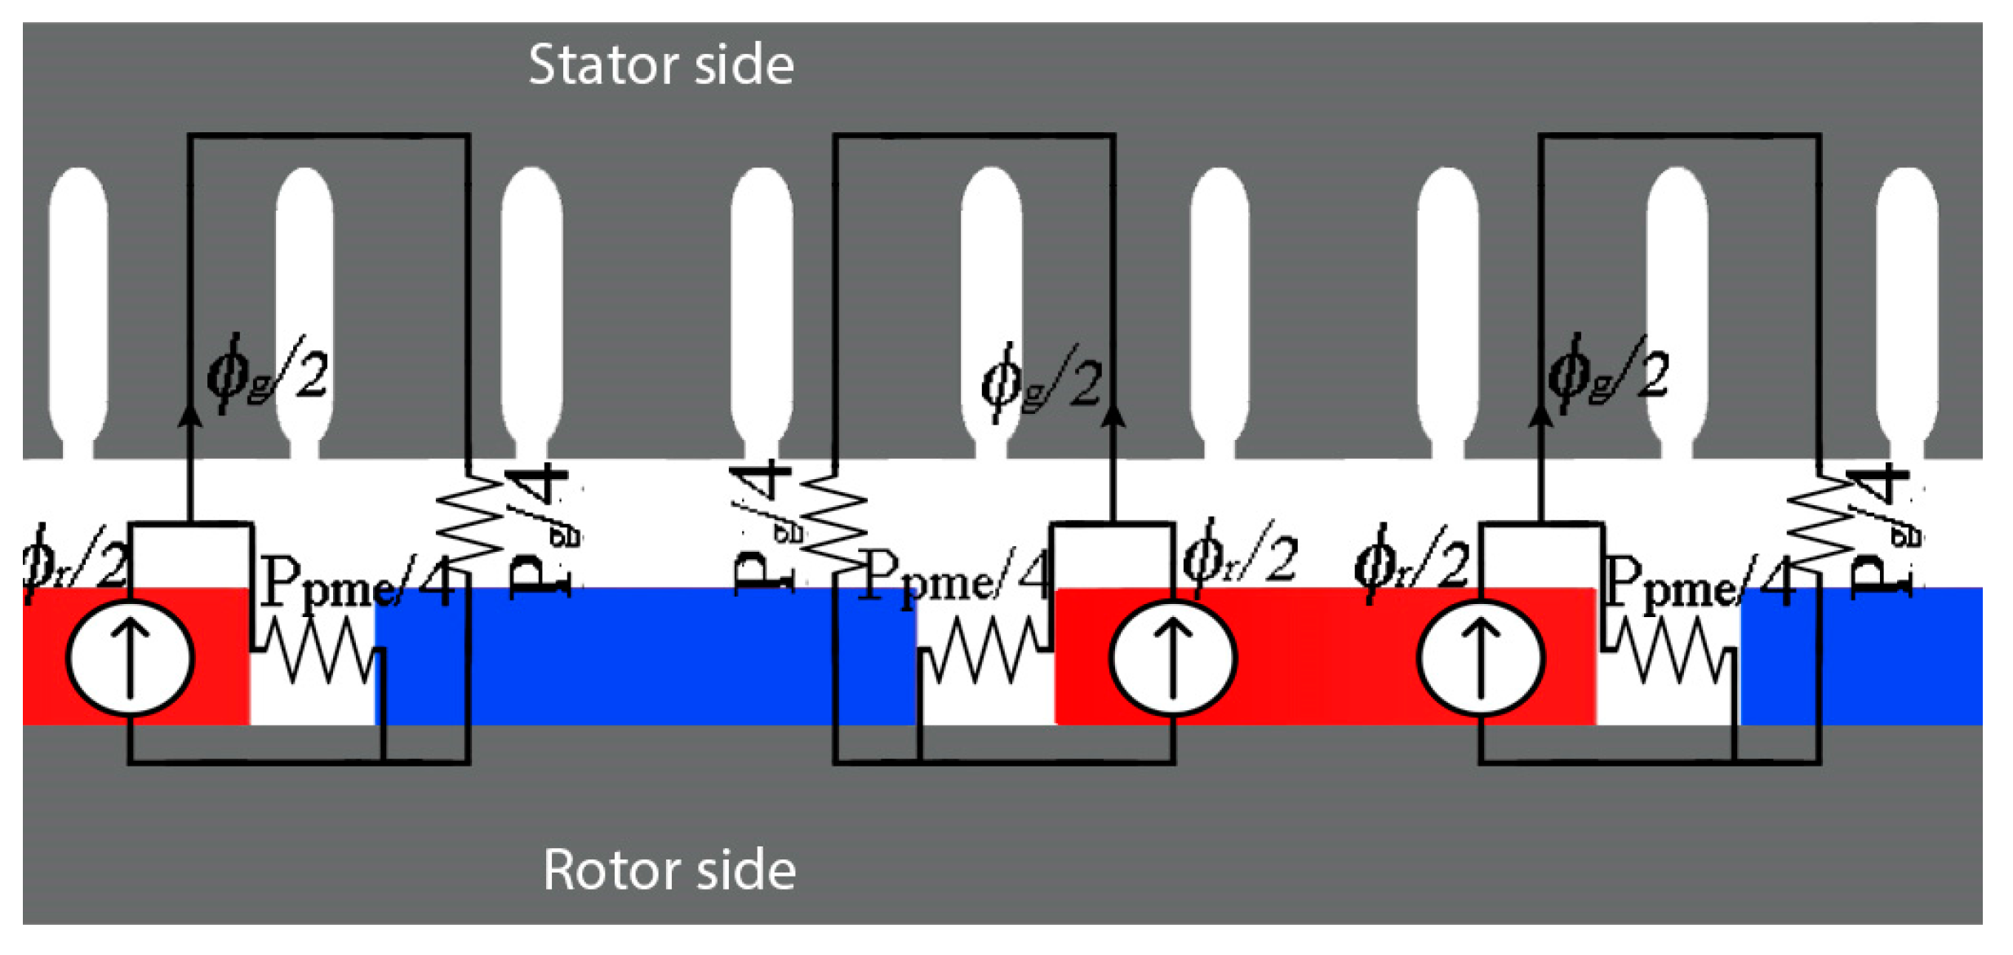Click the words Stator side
(x=660, y=64)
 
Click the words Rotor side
(x=669, y=870)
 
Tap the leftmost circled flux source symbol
(x=130, y=658)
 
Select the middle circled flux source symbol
(x=1172, y=658)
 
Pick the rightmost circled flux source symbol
(x=1481, y=658)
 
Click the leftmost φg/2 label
(x=267, y=375)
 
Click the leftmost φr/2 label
(x=75, y=563)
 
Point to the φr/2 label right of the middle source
(x=1239, y=559)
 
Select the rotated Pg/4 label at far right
(x=1882, y=531)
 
